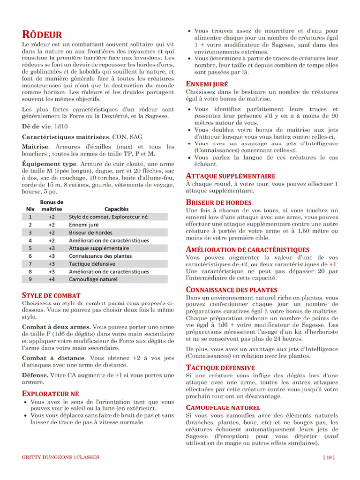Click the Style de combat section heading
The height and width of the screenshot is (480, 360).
point(51,296)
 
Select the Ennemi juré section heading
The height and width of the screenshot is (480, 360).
point(207,84)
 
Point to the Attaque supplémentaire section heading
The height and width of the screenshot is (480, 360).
point(231,176)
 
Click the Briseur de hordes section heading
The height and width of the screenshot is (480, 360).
point(218,202)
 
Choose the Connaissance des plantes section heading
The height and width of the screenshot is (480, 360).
point(232,290)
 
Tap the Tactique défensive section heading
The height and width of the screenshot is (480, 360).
point(220,367)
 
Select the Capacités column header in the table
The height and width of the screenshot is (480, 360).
point(117,209)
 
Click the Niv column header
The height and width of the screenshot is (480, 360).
point(30,209)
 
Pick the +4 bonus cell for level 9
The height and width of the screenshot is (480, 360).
point(52,279)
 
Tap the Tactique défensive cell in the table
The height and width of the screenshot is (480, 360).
point(92,264)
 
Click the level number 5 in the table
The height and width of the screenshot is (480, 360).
point(30,248)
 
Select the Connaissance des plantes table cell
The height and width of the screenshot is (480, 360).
point(100,256)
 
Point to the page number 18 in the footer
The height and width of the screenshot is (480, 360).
point(329,457)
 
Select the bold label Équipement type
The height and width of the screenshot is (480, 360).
point(49,164)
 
